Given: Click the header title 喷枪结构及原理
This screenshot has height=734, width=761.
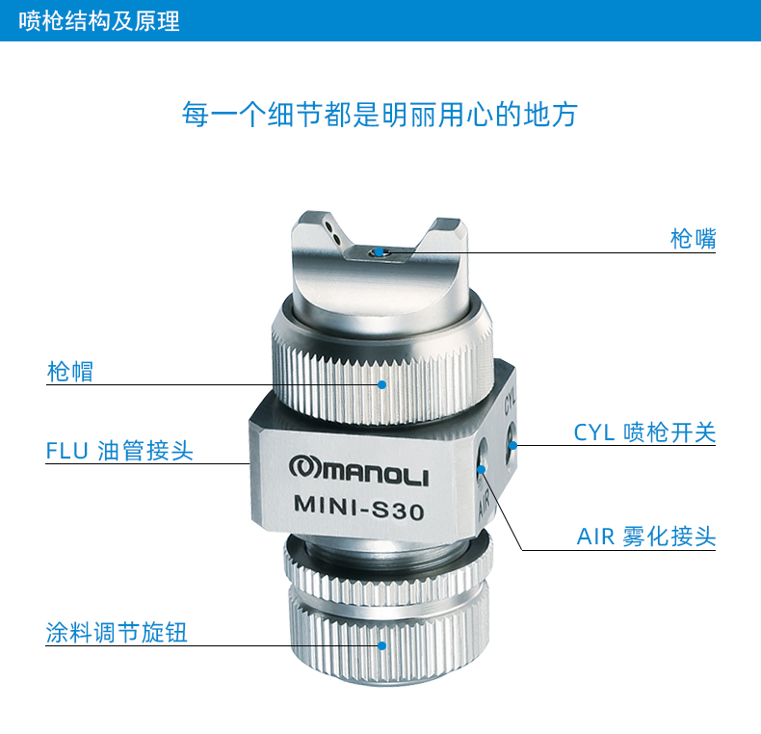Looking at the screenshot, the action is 99,21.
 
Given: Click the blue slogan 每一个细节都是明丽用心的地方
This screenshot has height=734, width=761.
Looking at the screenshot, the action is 380,115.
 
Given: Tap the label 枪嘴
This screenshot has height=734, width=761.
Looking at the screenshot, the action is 693,239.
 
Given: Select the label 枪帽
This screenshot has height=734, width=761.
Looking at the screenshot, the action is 70,372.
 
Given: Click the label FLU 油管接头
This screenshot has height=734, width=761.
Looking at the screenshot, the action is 119,451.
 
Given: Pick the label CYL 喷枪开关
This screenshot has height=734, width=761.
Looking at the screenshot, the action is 644,433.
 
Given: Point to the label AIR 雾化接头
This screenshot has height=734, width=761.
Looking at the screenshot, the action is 646,537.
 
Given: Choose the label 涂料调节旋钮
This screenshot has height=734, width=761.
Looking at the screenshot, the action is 117,632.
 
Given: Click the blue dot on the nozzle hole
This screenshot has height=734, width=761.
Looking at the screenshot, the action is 379,252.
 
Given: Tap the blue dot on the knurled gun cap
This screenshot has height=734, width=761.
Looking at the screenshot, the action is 382,384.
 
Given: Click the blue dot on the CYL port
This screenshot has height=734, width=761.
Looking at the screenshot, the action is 512,445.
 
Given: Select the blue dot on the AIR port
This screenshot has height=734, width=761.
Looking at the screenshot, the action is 481,469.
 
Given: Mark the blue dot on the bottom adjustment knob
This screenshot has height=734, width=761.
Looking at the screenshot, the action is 382,645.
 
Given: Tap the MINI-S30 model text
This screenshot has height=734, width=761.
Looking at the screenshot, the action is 359,508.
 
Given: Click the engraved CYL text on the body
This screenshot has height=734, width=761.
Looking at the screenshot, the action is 511,401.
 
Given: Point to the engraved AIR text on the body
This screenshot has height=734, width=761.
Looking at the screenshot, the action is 484,505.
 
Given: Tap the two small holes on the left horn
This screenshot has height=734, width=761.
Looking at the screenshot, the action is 332,231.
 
